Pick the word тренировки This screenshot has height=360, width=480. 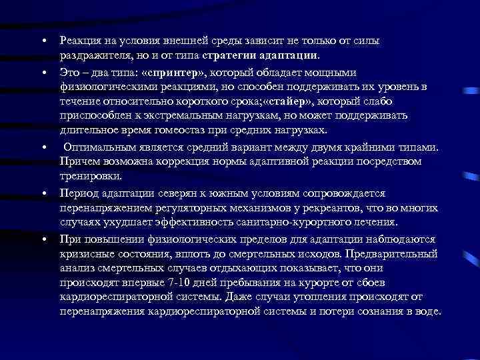(91, 176)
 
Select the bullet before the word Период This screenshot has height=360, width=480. (42, 194)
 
